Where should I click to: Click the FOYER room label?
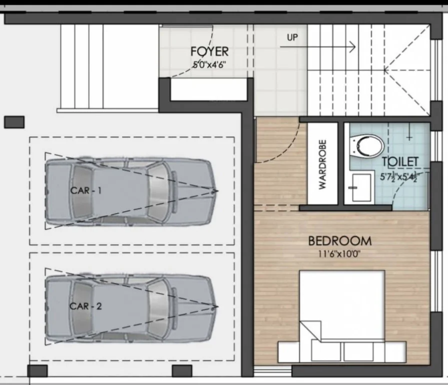(209, 52)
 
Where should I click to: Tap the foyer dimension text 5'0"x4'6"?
(209, 65)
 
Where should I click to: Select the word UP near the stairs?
(292, 37)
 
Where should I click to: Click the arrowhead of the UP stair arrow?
(353, 46)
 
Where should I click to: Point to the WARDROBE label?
(322, 164)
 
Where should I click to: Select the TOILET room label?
(400, 162)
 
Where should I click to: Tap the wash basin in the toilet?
(361, 188)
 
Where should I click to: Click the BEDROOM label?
(340, 241)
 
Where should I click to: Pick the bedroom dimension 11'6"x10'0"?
(339, 254)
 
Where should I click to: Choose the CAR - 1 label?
(86, 190)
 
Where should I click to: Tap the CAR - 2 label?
(86, 306)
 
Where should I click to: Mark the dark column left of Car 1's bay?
(14, 122)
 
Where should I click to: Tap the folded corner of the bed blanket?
(310, 330)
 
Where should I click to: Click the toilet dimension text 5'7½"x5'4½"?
(399, 177)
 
